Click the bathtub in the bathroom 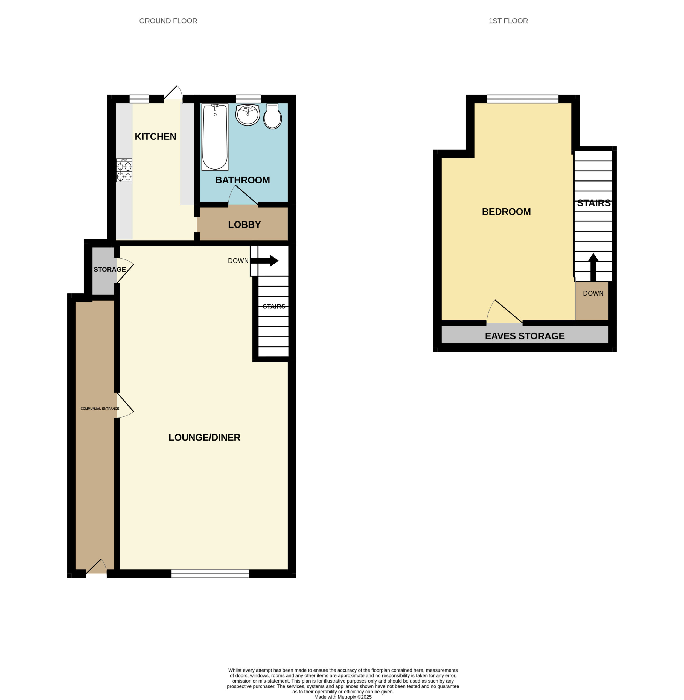point(215,137)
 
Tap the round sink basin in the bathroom point(248,115)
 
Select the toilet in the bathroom point(273,116)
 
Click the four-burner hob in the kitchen point(124,170)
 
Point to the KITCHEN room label point(156,136)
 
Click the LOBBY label point(244,224)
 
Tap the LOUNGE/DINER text point(204,437)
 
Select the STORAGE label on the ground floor point(110,269)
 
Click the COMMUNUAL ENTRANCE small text point(100,408)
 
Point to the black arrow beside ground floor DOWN point(264,261)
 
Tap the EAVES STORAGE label point(525,336)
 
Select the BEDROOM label point(506,212)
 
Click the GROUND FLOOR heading point(168,21)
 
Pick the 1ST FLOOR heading point(508,21)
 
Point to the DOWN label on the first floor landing point(593,293)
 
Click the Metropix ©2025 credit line point(343,697)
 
